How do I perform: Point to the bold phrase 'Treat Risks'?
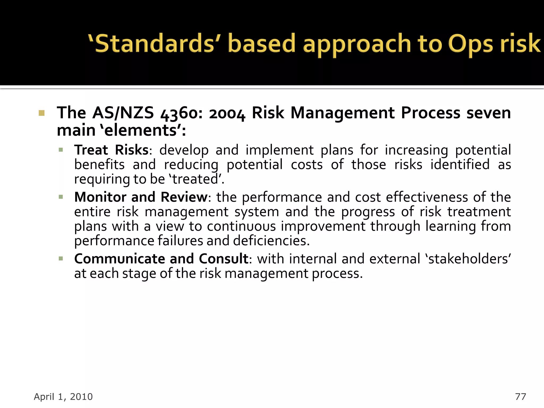pos(111,150)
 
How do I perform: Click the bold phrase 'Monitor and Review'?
pos(141,197)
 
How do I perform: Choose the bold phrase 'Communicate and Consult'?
pos(161,259)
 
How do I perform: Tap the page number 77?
pos(520,397)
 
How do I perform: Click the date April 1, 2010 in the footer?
pos(63,397)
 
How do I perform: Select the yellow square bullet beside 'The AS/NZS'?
pos(41,113)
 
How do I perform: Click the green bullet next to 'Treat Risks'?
pos(61,150)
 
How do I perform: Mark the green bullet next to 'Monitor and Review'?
pos(61,197)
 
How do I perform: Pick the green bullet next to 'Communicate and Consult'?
pos(61,259)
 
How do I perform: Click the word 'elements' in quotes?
pos(141,131)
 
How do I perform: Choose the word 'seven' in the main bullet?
pos(488,113)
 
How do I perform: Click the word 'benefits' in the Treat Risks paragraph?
pos(99,165)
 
